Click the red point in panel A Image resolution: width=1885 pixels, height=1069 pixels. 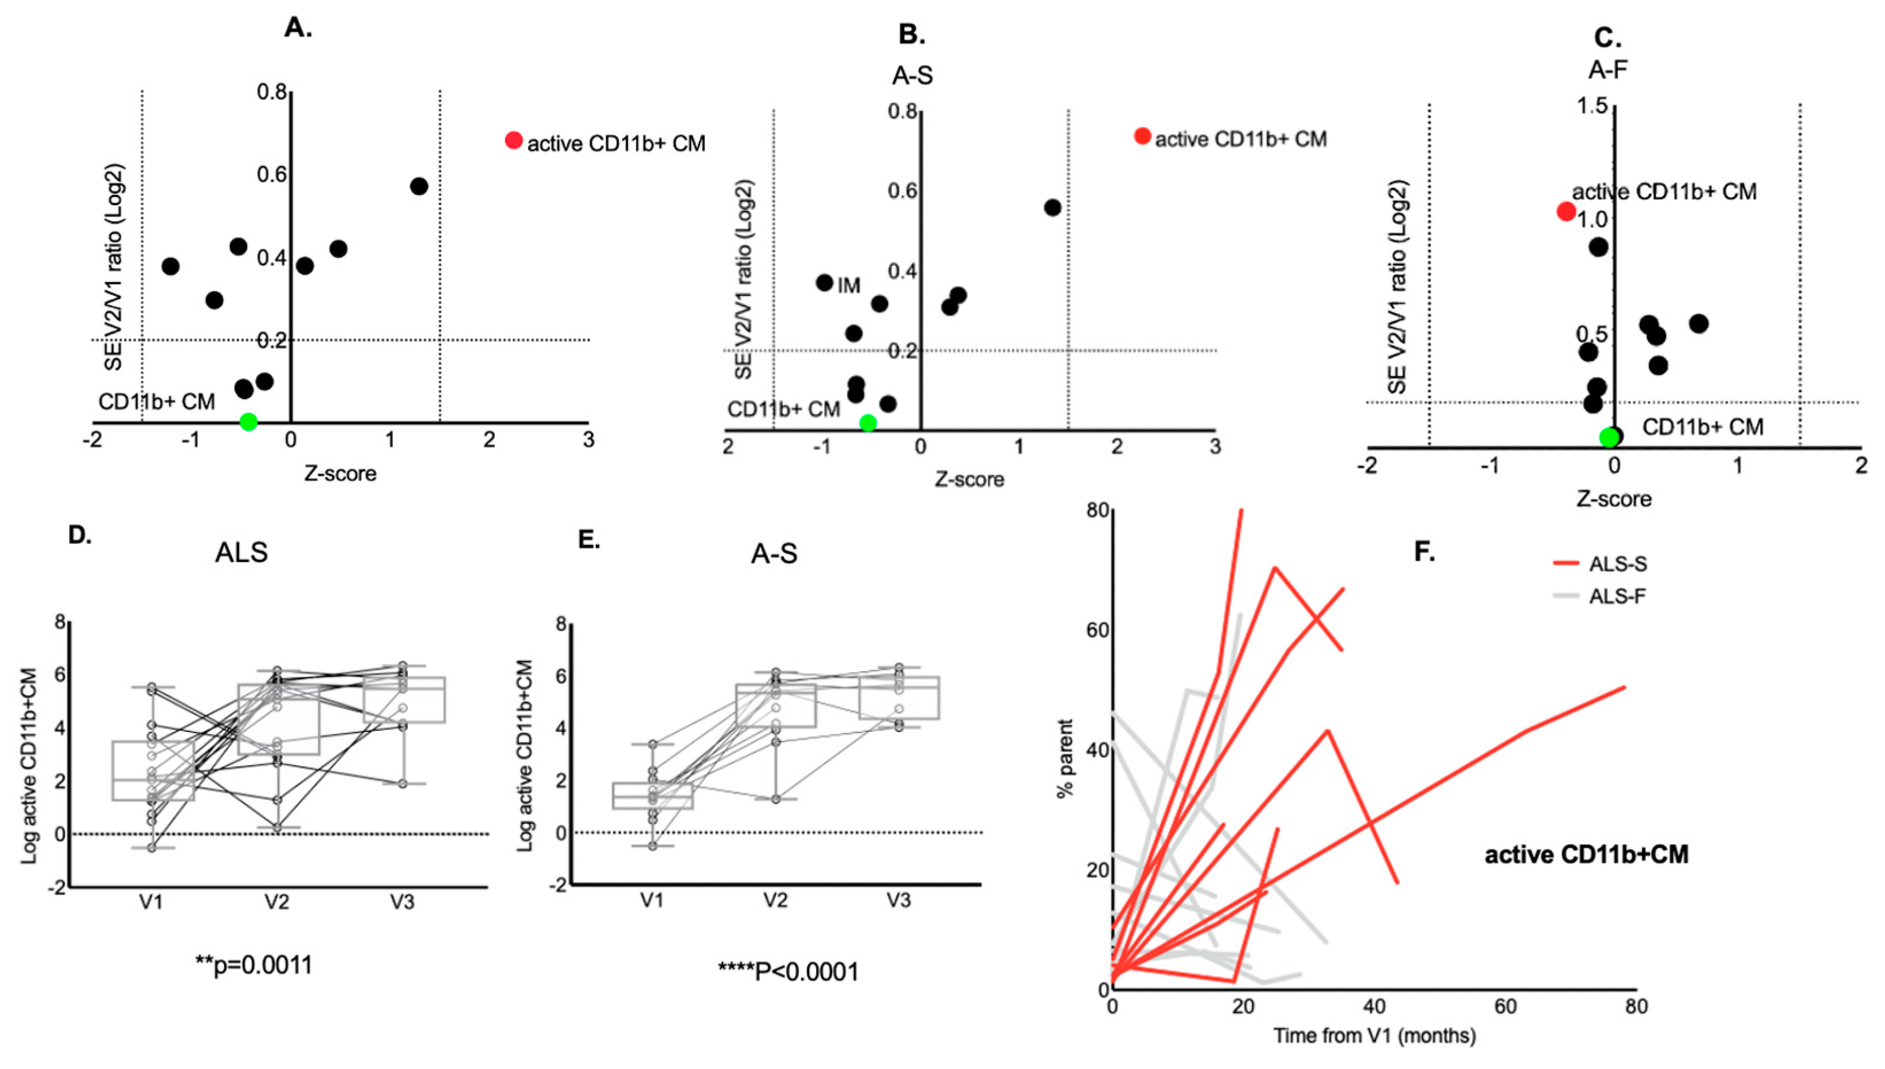pyautogui.click(x=513, y=140)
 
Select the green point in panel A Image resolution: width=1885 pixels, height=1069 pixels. pyautogui.click(x=248, y=421)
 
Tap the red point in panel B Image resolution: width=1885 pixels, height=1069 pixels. pyautogui.click(x=1142, y=136)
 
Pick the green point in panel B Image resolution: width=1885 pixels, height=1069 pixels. pyautogui.click(x=868, y=423)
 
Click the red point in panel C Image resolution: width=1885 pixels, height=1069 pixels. pyautogui.click(x=1566, y=212)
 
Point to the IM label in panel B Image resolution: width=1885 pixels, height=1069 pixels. pyautogui.click(x=849, y=285)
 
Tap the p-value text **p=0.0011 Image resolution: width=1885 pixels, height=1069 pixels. pyautogui.click(x=254, y=964)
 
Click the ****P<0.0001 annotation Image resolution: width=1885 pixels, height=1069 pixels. pyautogui.click(x=788, y=972)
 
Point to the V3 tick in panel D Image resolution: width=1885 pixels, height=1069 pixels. pyautogui.click(x=401, y=902)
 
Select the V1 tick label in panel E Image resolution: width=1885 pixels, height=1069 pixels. pyautogui.click(x=651, y=900)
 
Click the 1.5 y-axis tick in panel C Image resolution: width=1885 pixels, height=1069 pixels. pyautogui.click(x=1591, y=107)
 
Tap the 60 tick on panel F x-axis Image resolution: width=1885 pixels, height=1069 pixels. pyautogui.click(x=1505, y=1006)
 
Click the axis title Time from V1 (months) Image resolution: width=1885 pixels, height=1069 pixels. pyautogui.click(x=1374, y=1036)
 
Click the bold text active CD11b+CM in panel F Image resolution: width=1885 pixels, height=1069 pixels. pyautogui.click(x=1586, y=855)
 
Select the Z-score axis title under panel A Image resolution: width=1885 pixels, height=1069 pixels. pyautogui.click(x=340, y=473)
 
